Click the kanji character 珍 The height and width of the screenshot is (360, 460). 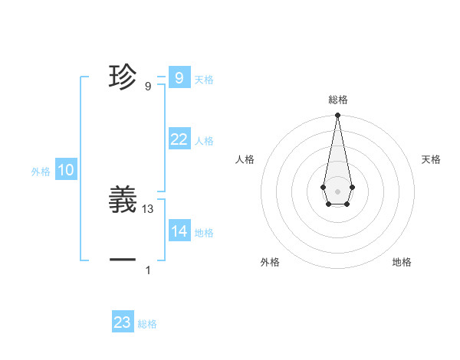pos(123,77)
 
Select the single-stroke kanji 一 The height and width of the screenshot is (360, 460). pos(123,260)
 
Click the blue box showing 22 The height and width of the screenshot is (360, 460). pos(179,139)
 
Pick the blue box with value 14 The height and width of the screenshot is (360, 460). pos(179,231)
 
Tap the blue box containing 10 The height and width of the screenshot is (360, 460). pos(66,170)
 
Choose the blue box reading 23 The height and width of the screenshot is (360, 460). pos(123,322)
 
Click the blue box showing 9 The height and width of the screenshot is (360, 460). pos(179,77)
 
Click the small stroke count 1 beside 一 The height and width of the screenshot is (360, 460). pos(148,270)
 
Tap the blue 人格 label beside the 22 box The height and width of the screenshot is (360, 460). pos(204,141)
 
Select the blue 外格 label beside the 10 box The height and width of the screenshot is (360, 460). pos(41,172)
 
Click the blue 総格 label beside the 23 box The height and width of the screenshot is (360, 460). pos(147,325)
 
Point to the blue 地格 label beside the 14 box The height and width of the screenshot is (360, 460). pos(204,234)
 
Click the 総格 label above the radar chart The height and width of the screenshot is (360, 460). pos(337,100)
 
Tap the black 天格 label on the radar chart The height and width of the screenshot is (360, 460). pos(431,159)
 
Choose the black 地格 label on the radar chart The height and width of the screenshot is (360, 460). pos(402,262)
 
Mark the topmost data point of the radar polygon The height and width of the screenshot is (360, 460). pos(337,115)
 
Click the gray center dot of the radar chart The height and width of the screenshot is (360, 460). pos(337,190)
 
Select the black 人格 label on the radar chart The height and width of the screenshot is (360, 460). pos(245,159)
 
